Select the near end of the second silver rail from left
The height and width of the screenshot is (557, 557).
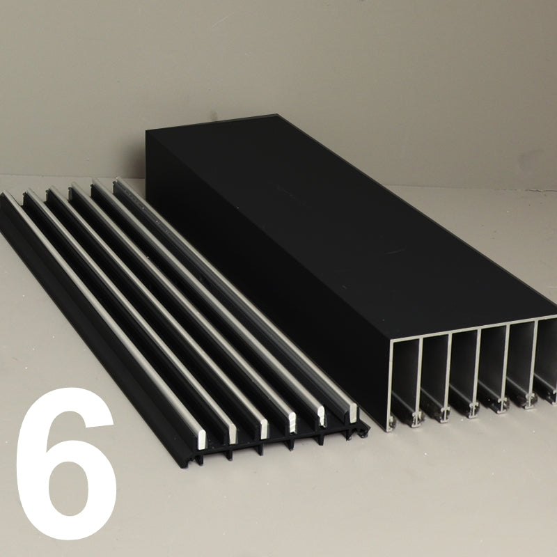(233, 433)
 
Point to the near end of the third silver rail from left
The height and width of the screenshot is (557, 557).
(263, 429)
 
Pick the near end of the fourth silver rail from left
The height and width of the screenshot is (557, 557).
(291, 423)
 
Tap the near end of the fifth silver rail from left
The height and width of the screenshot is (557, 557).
(322, 416)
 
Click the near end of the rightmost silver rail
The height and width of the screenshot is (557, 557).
(353, 412)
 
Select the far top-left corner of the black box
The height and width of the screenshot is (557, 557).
(146, 131)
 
